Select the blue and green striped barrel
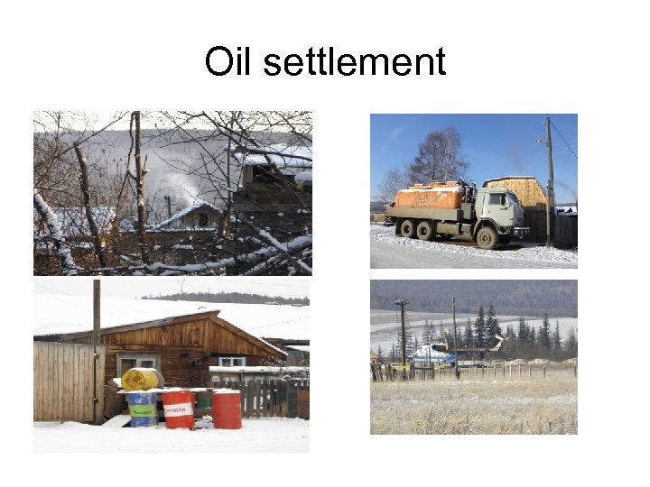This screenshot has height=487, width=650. click(x=143, y=409)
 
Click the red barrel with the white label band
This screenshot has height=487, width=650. click(x=179, y=409)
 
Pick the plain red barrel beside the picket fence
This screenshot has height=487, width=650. click(x=227, y=409)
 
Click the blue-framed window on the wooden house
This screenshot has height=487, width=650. click(x=232, y=361)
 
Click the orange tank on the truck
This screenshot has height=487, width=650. click(x=430, y=196)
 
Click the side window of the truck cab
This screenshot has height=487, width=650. click(x=498, y=198)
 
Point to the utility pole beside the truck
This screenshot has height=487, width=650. click(x=549, y=180)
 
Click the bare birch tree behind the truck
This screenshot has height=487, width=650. click(x=438, y=159)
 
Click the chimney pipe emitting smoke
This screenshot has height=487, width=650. click(x=168, y=207)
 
